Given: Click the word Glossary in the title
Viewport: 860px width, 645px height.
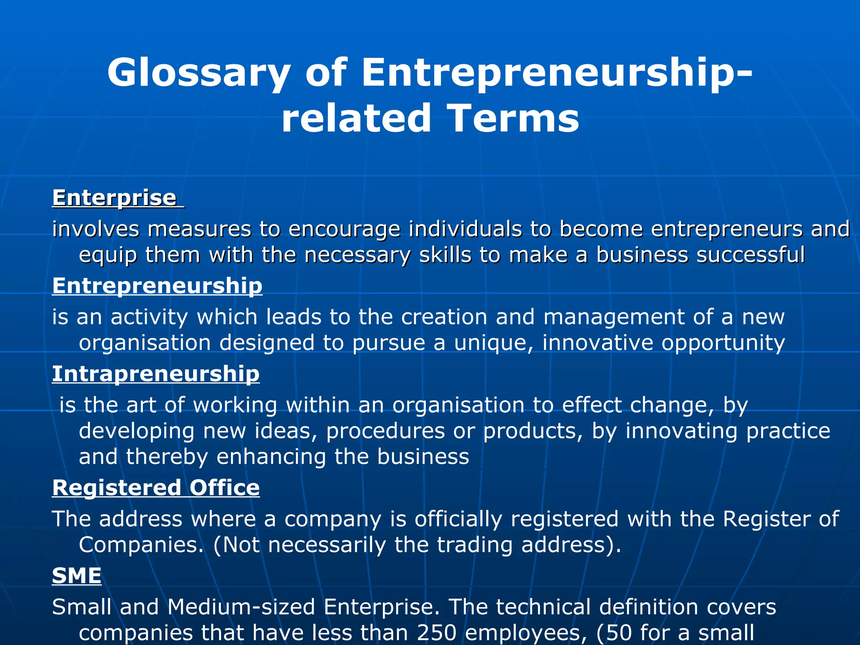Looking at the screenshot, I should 198,73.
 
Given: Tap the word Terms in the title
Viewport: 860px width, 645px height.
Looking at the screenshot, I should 513,118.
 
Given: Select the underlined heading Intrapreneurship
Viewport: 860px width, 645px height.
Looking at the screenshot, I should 156,374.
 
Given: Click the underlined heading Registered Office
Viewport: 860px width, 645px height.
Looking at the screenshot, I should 156,488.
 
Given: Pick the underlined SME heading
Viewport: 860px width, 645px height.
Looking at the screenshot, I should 77,576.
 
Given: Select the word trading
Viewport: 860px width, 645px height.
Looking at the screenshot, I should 475,545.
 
